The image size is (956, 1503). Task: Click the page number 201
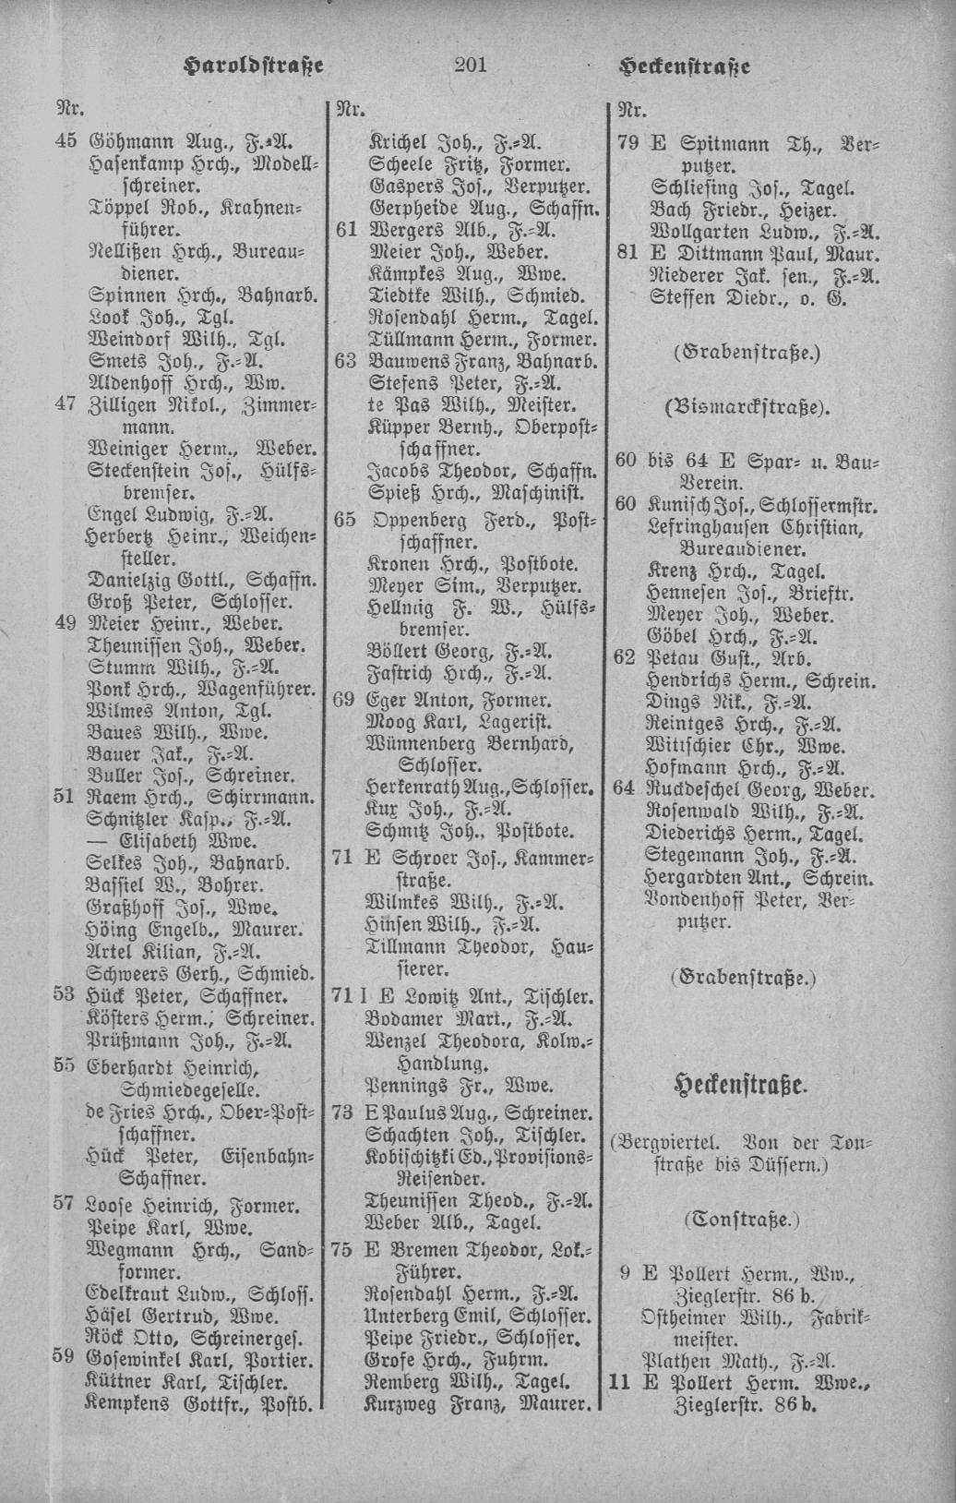pyautogui.click(x=470, y=65)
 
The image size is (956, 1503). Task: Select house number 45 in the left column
pyautogui.click(x=65, y=142)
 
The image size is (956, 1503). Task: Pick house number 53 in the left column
pyautogui.click(x=65, y=996)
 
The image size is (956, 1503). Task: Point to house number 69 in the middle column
pyautogui.click(x=345, y=699)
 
